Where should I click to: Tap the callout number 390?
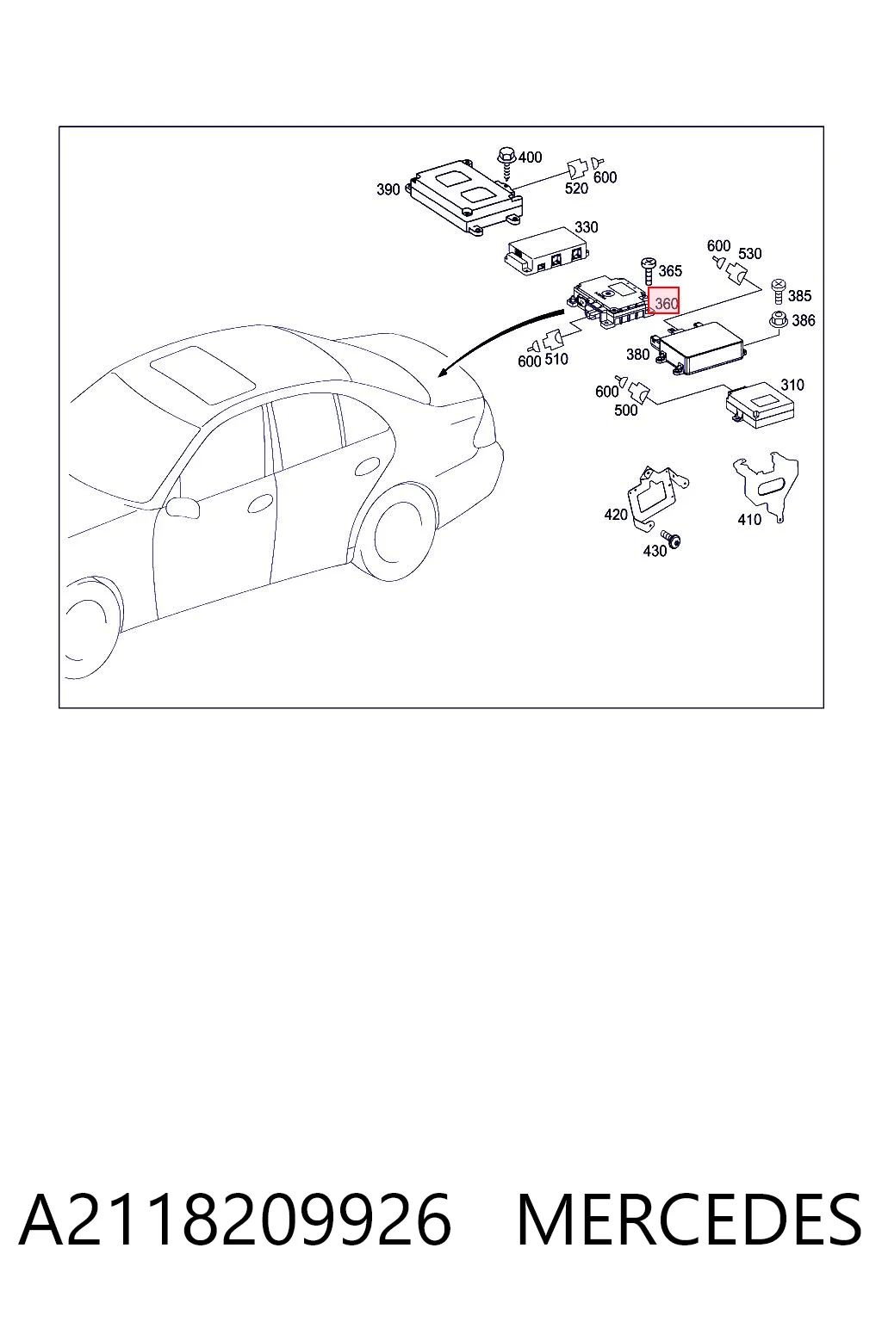pos(388,189)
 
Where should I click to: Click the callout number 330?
pos(586,227)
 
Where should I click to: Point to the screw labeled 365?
pos(648,271)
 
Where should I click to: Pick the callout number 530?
pos(749,254)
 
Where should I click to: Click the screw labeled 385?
pos(779,292)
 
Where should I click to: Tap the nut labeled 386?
pos(778,319)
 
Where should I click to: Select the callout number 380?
pos(638,354)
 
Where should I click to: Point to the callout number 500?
pos(626,411)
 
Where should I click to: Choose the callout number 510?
pos(556,359)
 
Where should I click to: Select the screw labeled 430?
pos(672,538)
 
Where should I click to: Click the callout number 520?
pos(576,188)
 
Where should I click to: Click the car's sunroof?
pos(202,374)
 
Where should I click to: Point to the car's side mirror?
pos(182,508)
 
